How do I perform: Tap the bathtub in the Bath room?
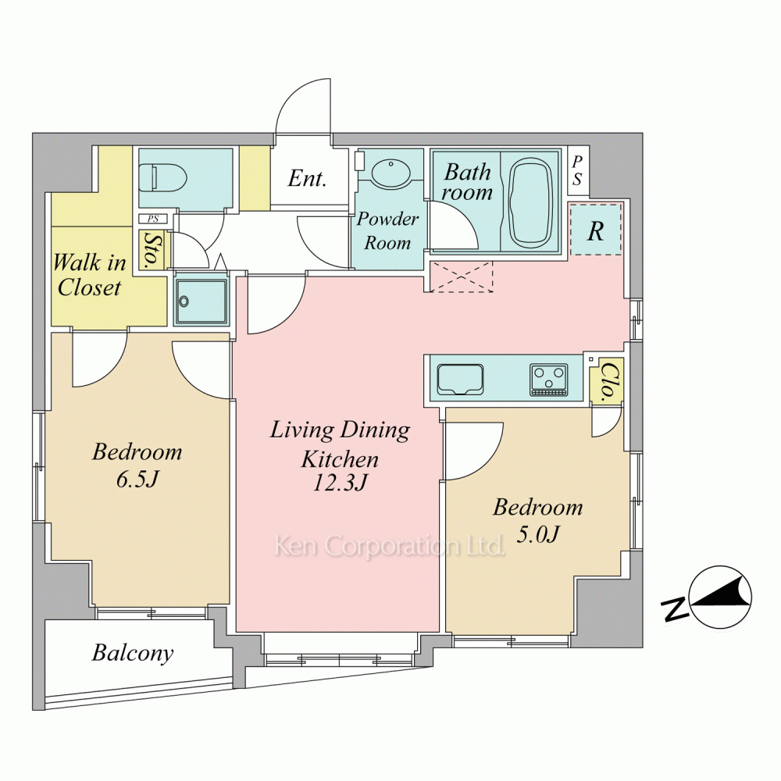point(532,203)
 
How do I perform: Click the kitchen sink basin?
point(460,380)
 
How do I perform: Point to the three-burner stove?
point(549,380)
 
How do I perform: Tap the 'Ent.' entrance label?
point(307,178)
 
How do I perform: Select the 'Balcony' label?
point(133,653)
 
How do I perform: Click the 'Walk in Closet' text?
point(90,275)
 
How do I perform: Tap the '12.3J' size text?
point(341,483)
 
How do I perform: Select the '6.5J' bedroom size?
point(137,480)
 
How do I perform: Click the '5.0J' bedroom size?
point(538,534)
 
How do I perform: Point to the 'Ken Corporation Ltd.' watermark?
point(390,546)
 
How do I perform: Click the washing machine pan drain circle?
point(185,301)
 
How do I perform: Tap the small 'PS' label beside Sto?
point(153,219)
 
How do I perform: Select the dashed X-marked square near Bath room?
point(462,277)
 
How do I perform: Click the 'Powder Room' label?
point(387,230)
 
